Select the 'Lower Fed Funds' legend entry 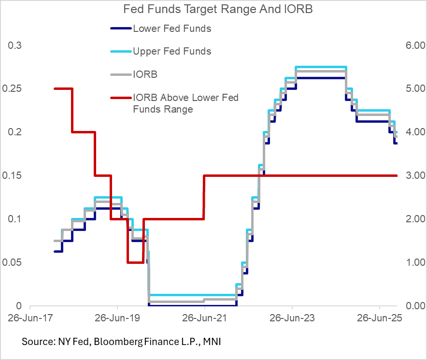pyautogui.click(x=172, y=29)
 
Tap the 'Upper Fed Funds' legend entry pyautogui.click(x=172, y=51)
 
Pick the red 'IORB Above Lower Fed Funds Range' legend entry pyautogui.click(x=185, y=103)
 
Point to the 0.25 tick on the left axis pyautogui.click(x=12, y=88)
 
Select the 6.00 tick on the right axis pyautogui.click(x=409, y=45)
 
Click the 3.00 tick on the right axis pyautogui.click(x=409, y=175)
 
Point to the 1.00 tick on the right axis pyautogui.click(x=409, y=262)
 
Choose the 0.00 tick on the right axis pyautogui.click(x=409, y=306)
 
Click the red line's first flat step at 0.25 pyautogui.click(x=63, y=88)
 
